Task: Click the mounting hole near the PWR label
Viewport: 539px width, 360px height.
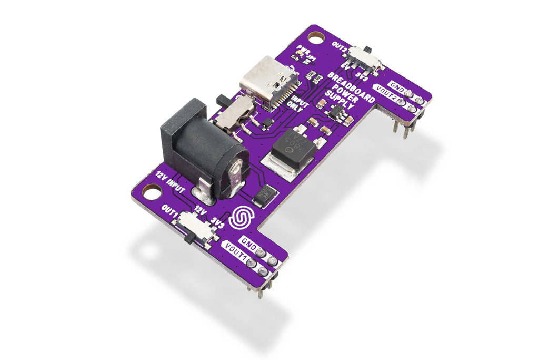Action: click(316, 37)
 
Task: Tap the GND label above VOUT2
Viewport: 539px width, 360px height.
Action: click(398, 86)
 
